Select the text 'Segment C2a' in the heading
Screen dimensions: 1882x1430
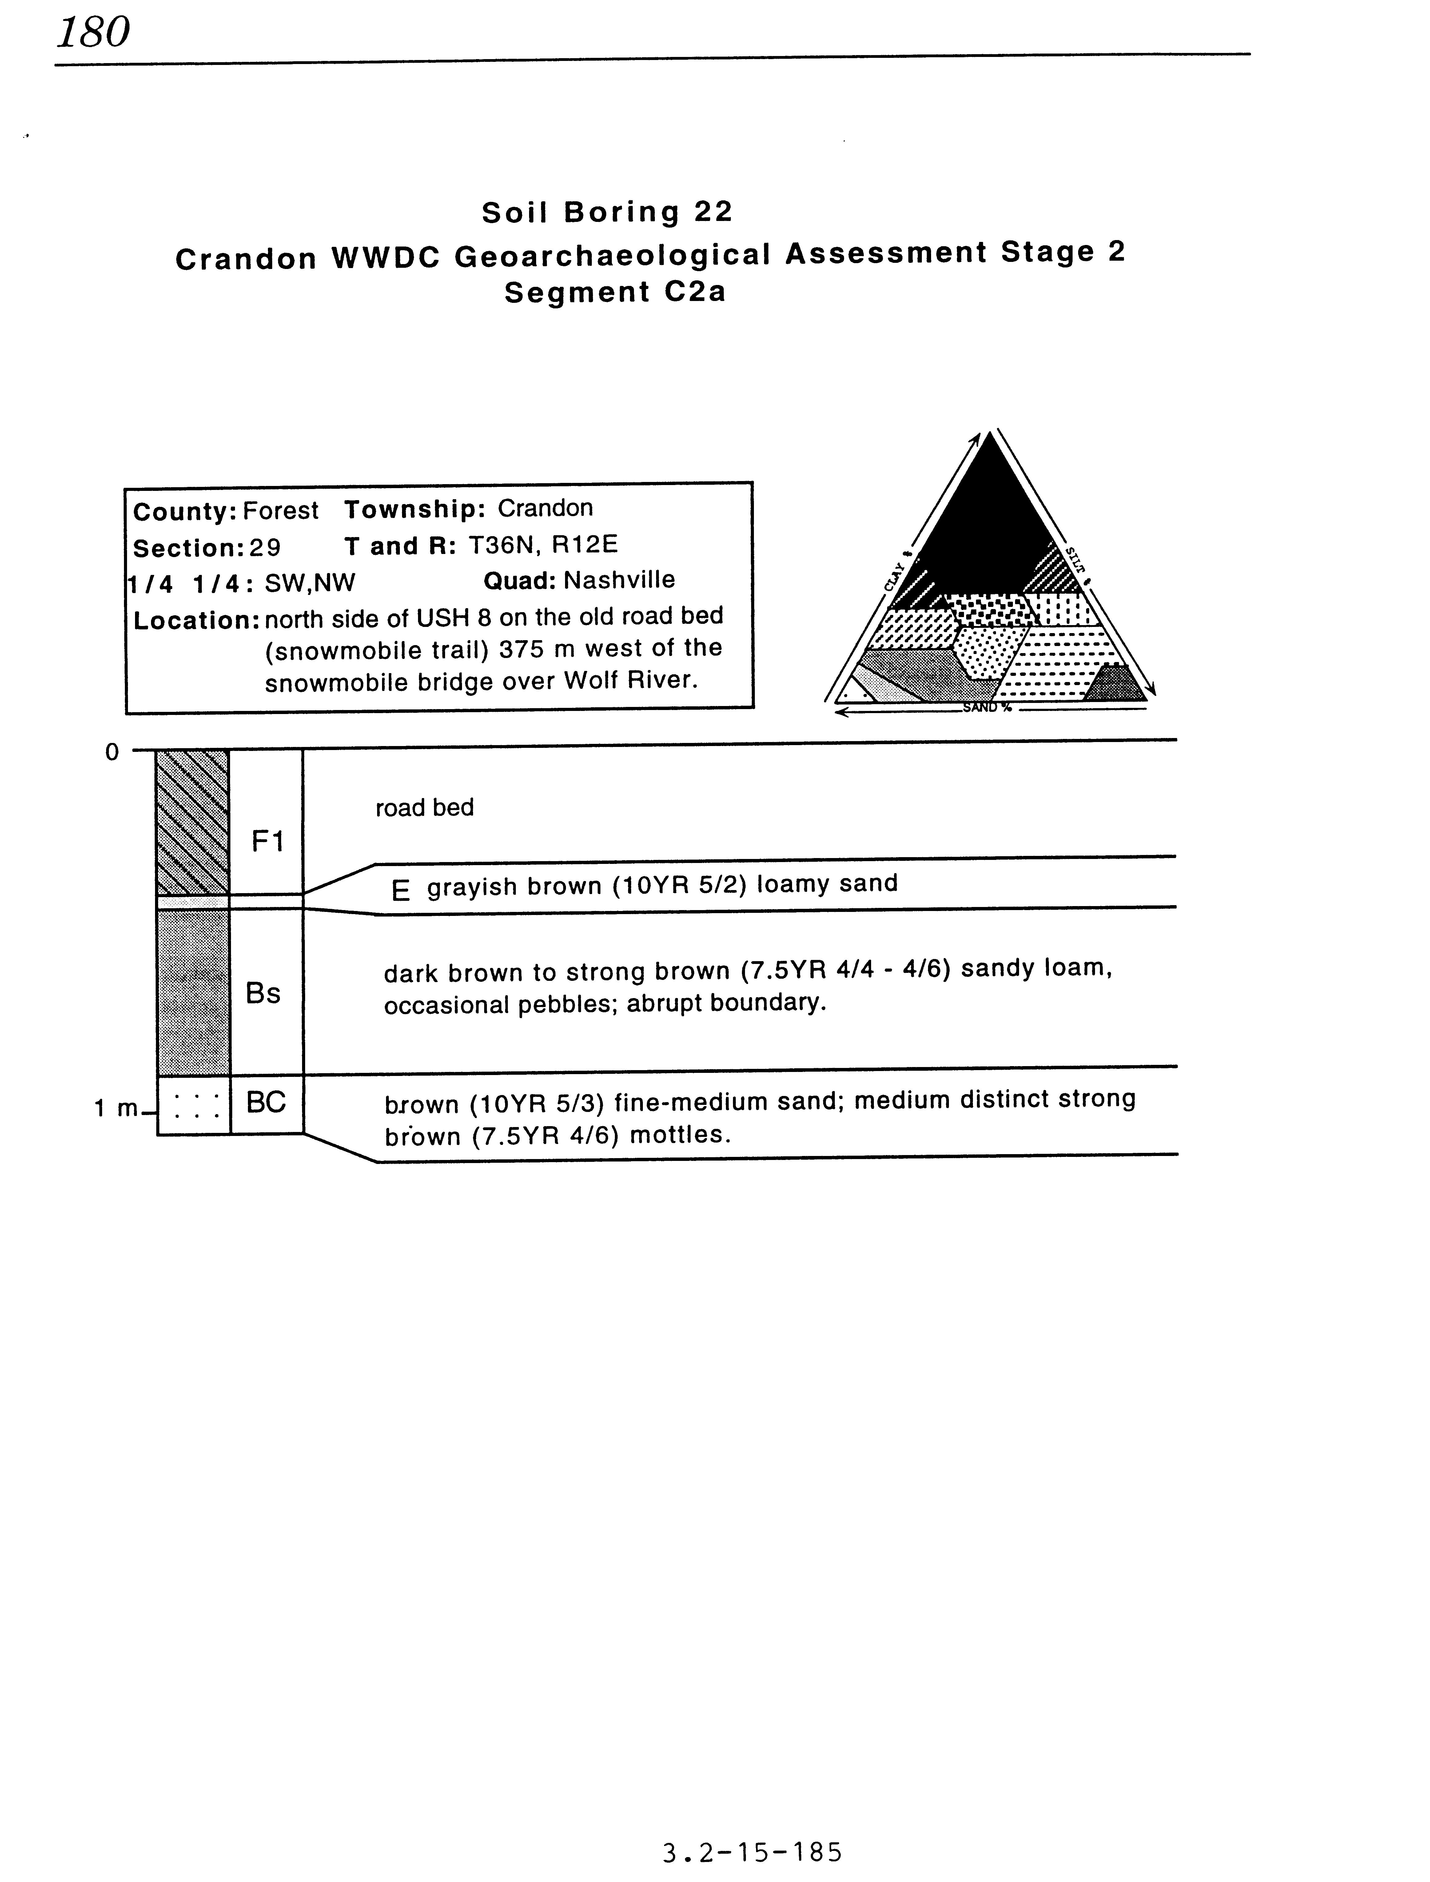coord(615,292)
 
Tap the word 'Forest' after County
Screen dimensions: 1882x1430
coord(280,511)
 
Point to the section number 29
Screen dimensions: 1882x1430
coord(265,548)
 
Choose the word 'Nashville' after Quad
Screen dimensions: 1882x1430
coord(619,581)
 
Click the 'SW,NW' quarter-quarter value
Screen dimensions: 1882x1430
coord(310,583)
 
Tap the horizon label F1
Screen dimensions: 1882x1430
coord(266,841)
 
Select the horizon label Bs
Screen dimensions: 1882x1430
coord(263,993)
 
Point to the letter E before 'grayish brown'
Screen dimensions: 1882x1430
coord(400,891)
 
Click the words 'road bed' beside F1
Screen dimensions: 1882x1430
coord(424,807)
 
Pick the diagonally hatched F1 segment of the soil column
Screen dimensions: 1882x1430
coord(192,822)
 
